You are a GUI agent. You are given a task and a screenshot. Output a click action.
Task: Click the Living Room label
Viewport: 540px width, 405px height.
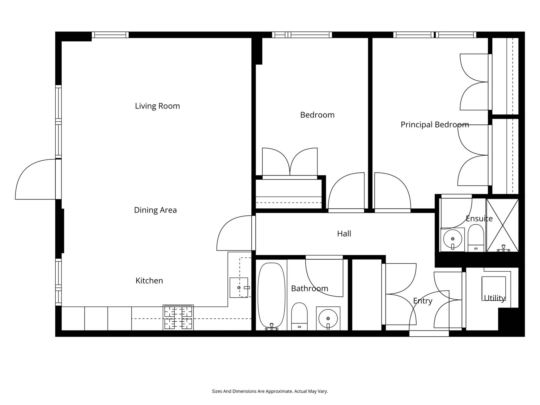pos(157,106)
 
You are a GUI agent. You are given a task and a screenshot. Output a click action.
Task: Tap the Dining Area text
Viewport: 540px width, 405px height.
pos(155,210)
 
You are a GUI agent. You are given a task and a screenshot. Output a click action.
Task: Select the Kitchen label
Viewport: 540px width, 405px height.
pos(149,281)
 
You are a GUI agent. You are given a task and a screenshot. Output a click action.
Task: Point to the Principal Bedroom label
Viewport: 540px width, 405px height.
pos(435,125)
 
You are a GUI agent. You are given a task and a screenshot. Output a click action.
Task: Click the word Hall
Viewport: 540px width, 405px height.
pos(344,234)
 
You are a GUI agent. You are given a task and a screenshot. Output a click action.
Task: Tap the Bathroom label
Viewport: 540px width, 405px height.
pos(309,289)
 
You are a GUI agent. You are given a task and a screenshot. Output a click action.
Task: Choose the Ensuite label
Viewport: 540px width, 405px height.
pos(479,219)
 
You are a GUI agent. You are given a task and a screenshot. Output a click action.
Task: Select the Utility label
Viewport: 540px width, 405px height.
pos(494,298)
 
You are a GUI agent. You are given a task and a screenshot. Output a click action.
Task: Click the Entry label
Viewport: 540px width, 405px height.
pos(423,301)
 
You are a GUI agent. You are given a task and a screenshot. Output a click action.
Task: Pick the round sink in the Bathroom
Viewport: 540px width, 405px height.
pos(328,318)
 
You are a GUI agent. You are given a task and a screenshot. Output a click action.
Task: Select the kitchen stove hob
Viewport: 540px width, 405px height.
pos(178,318)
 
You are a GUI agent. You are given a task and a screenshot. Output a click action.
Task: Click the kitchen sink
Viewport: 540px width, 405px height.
pos(239,288)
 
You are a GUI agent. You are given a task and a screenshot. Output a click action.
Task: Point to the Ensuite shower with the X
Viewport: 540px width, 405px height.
pos(502,225)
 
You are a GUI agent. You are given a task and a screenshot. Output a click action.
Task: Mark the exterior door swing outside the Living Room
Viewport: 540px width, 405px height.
pos(35,179)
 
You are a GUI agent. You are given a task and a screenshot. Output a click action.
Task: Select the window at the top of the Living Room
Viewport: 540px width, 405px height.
pos(110,35)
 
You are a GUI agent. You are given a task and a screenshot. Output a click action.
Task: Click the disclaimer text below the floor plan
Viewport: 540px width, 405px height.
pos(270,391)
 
